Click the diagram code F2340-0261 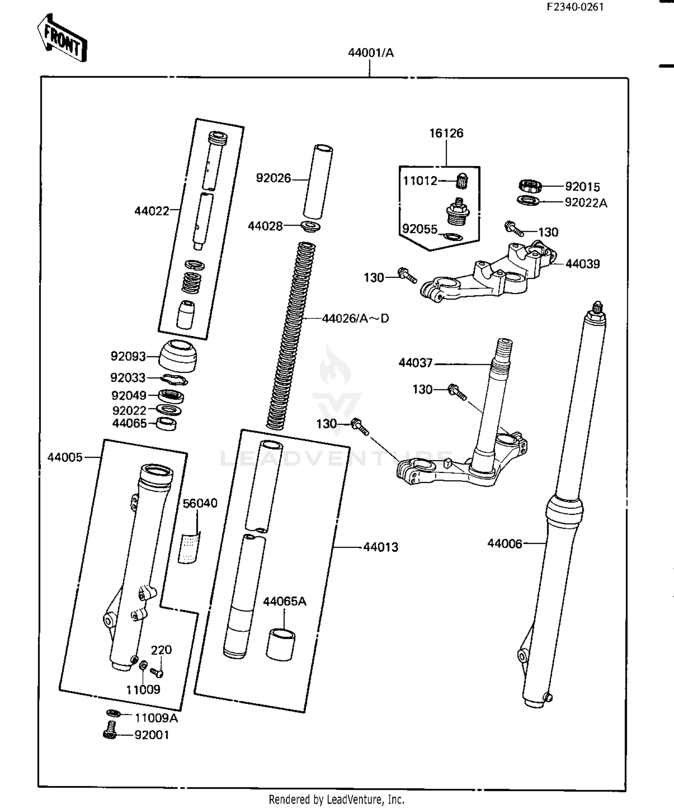click(x=575, y=7)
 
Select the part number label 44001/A click(x=371, y=53)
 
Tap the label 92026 click(x=273, y=178)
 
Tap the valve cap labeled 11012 click(x=461, y=181)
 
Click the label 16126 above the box click(x=446, y=133)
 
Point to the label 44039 click(x=582, y=264)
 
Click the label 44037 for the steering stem click(x=415, y=363)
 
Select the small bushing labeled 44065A click(x=281, y=645)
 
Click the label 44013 click(x=381, y=547)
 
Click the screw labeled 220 click(x=157, y=672)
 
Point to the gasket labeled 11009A click(x=113, y=713)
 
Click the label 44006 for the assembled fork click(x=504, y=544)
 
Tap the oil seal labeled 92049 click(x=171, y=396)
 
